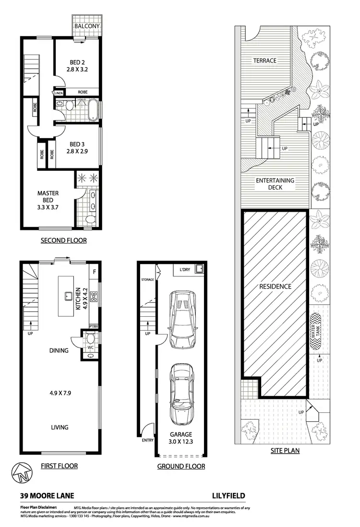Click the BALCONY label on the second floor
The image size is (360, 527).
click(87, 26)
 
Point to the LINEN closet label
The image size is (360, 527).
click(59, 93)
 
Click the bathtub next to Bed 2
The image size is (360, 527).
click(93, 110)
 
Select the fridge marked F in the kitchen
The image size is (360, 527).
click(94, 272)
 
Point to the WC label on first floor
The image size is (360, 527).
click(90, 346)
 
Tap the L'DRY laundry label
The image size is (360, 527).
click(184, 270)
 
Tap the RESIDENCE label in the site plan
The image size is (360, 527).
click(275, 287)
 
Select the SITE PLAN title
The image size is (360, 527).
click(285, 451)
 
